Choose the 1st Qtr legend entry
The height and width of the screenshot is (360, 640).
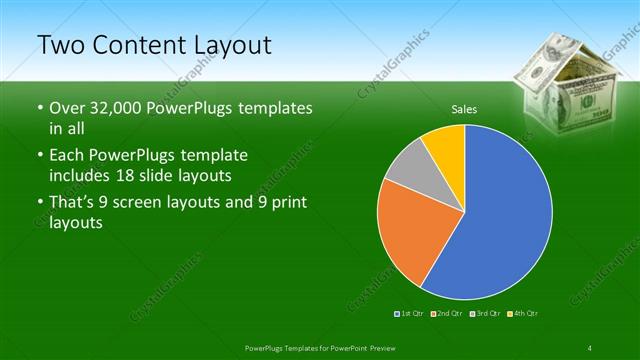tap(408, 314)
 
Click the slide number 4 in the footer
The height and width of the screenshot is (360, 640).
tap(591, 346)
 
